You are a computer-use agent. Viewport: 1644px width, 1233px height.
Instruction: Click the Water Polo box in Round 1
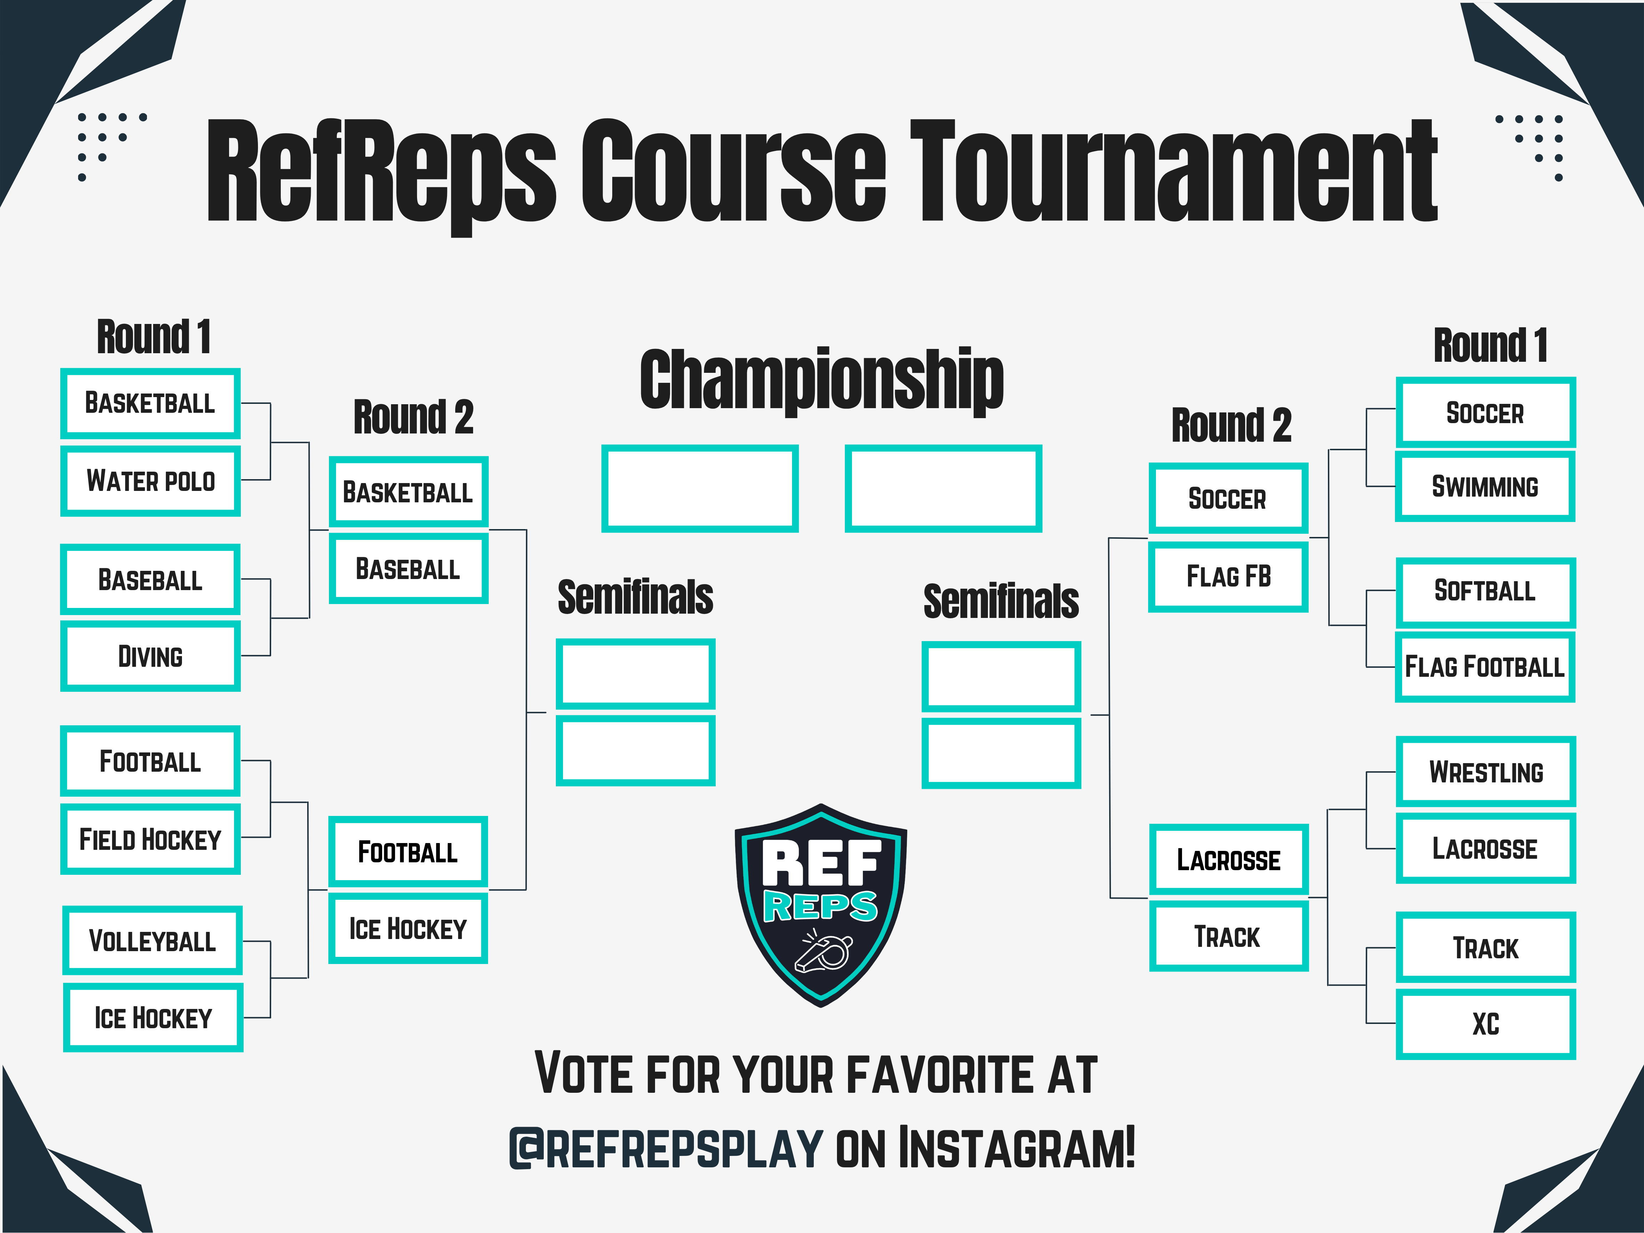pos(150,481)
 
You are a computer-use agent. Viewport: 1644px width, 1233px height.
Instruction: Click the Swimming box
pos(1485,487)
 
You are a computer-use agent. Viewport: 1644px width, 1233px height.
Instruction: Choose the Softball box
pos(1485,592)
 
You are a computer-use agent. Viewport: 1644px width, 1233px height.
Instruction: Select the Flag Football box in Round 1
pos(1485,667)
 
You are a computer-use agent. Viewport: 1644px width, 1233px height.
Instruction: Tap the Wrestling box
pos(1486,771)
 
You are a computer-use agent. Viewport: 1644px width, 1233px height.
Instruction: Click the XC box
pos(1486,1024)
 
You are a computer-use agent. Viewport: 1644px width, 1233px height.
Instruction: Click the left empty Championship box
pos(699,488)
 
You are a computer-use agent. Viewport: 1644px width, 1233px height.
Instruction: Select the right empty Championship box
pos(943,488)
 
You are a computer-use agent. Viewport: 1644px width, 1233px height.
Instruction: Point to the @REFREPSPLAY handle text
pos(666,1147)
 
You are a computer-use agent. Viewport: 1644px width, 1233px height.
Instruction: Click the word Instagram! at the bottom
pos(1017,1147)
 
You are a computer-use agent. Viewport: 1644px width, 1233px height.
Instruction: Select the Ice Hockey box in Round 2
pos(408,928)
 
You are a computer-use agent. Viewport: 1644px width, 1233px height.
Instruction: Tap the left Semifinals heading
pos(635,597)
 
